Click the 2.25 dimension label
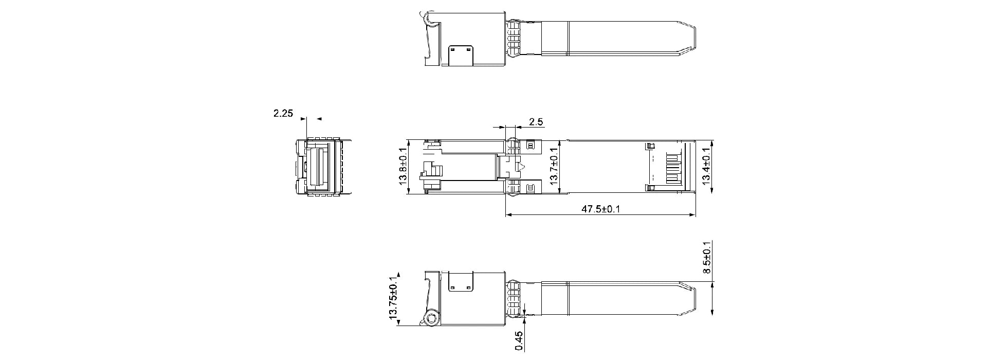[283, 113]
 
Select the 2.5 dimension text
[536, 122]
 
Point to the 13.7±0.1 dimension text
[554, 166]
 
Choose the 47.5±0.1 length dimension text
[600, 209]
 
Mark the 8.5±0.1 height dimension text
[707, 257]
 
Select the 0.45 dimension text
[519, 341]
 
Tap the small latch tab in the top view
[460, 56]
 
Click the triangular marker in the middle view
[521, 167]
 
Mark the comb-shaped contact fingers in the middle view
[673, 167]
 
